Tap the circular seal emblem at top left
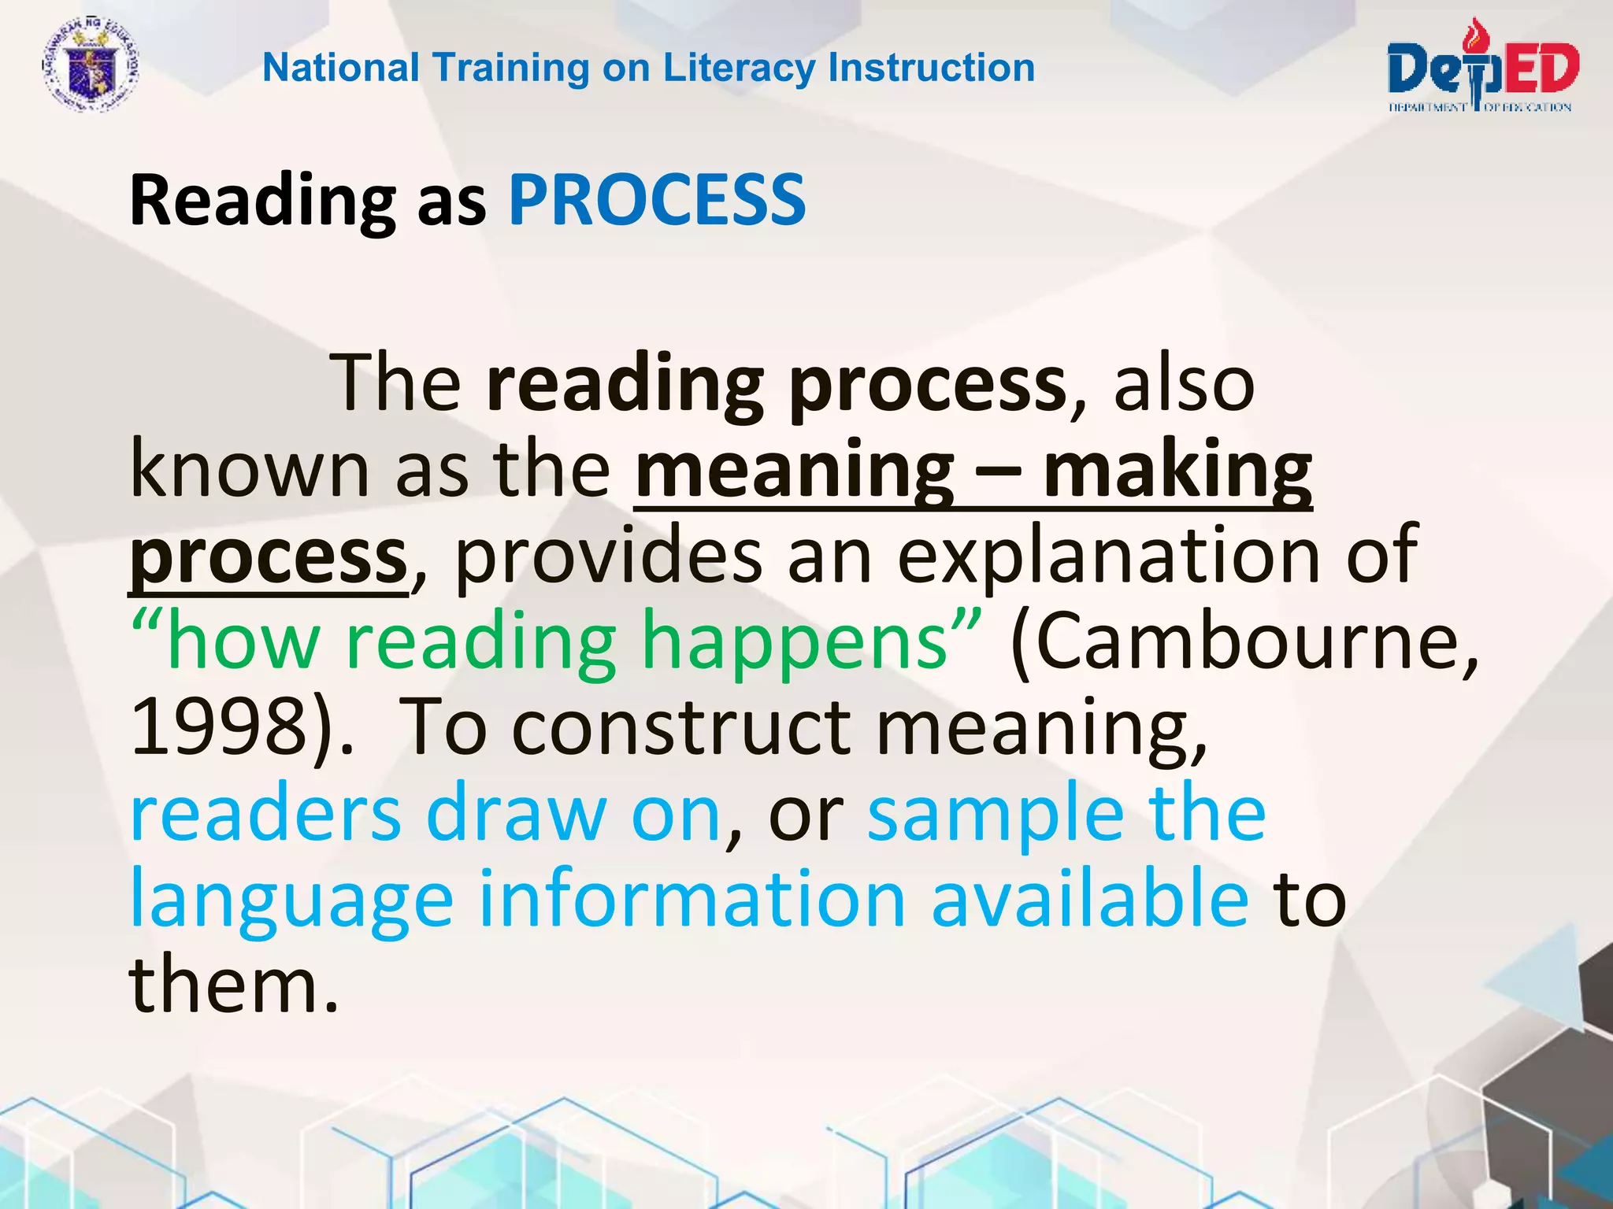click(90, 67)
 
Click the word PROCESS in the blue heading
click(657, 200)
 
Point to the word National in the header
click(341, 68)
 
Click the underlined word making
click(1177, 471)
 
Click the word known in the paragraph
click(250, 471)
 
